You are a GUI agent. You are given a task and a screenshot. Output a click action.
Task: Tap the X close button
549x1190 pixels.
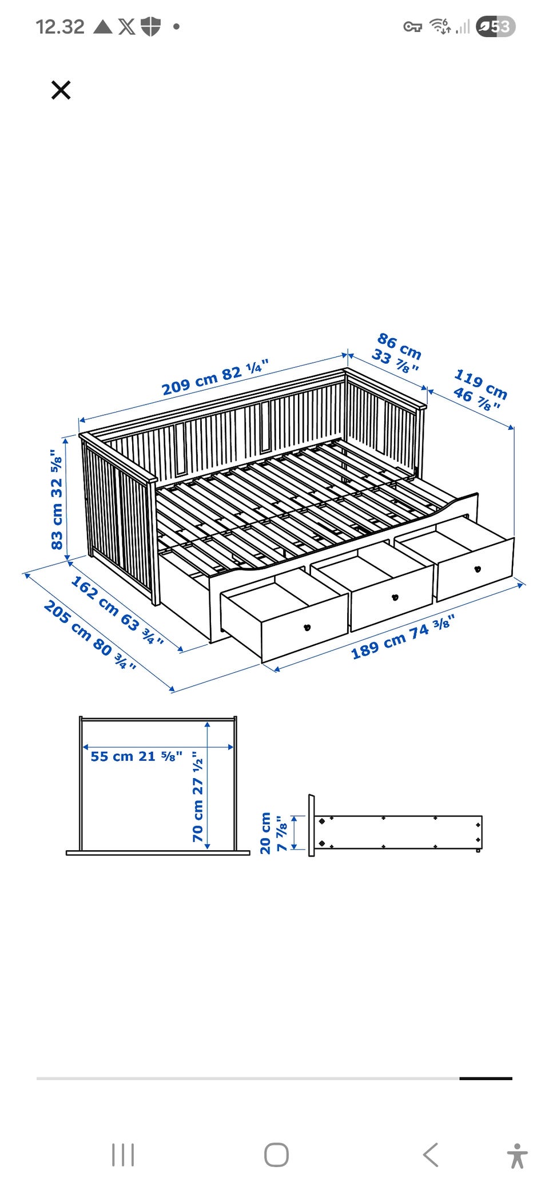point(61,90)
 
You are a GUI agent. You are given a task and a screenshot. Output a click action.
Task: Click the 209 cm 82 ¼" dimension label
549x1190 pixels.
point(215,378)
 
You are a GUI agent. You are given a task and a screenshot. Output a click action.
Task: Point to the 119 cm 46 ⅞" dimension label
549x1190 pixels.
point(480,390)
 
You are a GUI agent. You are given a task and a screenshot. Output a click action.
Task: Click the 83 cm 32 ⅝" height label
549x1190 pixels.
point(57,499)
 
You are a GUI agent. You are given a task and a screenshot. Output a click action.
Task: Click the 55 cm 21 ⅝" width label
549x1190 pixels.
point(137,756)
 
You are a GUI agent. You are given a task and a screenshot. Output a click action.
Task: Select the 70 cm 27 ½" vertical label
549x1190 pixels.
point(198,796)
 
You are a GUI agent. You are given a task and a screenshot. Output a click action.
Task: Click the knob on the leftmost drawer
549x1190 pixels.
point(307,627)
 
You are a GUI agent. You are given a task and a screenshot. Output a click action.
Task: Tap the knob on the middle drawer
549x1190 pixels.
point(395,597)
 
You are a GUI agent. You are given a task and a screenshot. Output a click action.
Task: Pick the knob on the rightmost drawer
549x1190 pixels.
point(478,569)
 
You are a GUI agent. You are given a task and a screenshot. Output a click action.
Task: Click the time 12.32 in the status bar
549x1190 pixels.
point(60,26)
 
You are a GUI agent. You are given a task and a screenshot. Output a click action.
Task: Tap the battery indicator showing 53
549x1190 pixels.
point(496,26)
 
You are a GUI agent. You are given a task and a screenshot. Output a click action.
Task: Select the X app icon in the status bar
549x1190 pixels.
point(127,26)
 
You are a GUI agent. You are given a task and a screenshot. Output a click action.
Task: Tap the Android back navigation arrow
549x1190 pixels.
point(431,1155)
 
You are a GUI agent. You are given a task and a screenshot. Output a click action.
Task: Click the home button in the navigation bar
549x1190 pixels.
point(276,1155)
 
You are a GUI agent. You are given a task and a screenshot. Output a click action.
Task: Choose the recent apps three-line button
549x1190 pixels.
point(123,1155)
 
